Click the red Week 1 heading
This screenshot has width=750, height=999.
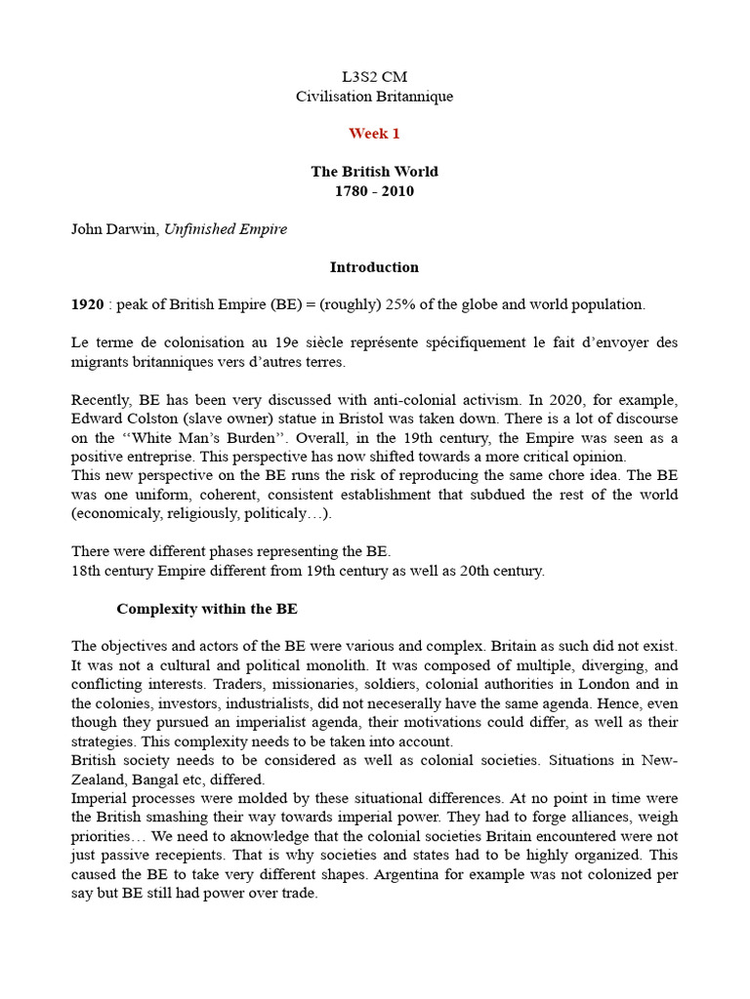pyautogui.click(x=374, y=134)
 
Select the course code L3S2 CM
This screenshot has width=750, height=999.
pyautogui.click(x=374, y=76)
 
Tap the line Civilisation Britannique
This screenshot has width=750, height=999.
pyautogui.click(x=374, y=96)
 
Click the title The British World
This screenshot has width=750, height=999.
pyautogui.click(x=374, y=172)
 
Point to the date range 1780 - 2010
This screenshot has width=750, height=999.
pyautogui.click(x=374, y=191)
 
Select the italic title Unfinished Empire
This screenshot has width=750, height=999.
pyautogui.click(x=225, y=229)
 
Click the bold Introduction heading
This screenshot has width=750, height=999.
pyautogui.click(x=374, y=267)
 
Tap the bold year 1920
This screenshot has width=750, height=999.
pyautogui.click(x=88, y=304)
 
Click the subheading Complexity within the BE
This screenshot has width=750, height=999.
pyautogui.click(x=207, y=609)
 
